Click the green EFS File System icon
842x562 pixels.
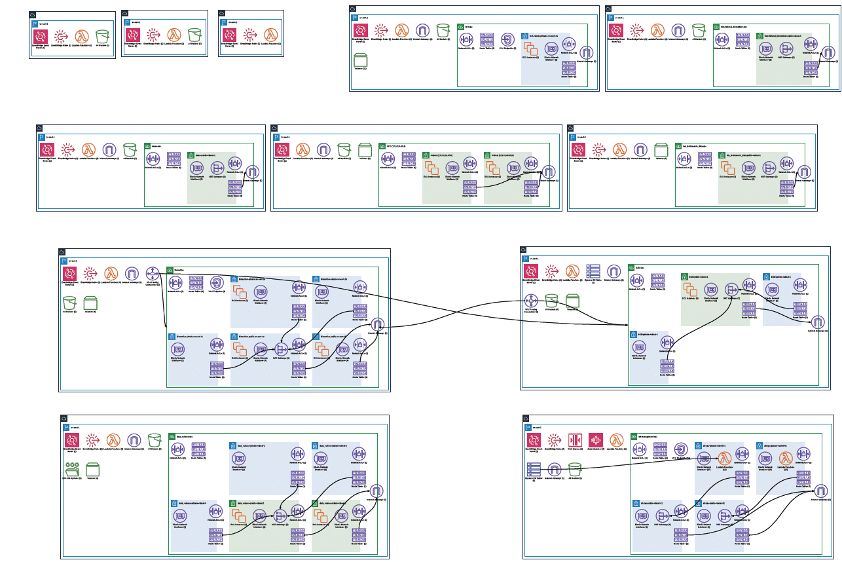pos(72,469)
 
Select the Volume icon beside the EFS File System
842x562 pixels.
pos(93,469)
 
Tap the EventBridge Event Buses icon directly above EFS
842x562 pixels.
pos(72,440)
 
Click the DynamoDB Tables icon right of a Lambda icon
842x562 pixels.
pos(593,271)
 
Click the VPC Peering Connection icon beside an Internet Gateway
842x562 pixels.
pos(153,272)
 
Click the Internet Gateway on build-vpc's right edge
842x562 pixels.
pos(818,322)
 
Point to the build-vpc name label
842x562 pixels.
pos(641,268)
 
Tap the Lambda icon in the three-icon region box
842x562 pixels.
pos(269,35)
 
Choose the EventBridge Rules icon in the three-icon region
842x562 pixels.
pos(248,35)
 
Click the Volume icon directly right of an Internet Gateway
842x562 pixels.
pos(661,150)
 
